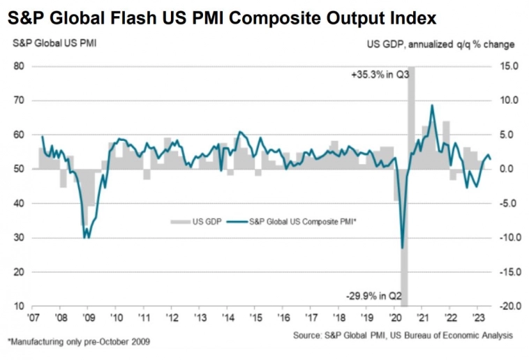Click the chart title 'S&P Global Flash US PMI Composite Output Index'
pyautogui.click(x=223, y=16)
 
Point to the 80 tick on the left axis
pyautogui.click(x=19, y=66)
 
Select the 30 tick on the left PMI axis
pyautogui.click(x=19, y=237)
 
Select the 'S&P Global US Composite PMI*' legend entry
pyautogui.click(x=293, y=221)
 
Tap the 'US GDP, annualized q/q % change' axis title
pyautogui.click(x=441, y=44)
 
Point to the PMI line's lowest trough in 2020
pyautogui.click(x=403, y=247)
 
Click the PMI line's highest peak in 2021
pyautogui.click(x=432, y=105)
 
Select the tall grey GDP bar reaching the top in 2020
pyautogui.click(x=411, y=112)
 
